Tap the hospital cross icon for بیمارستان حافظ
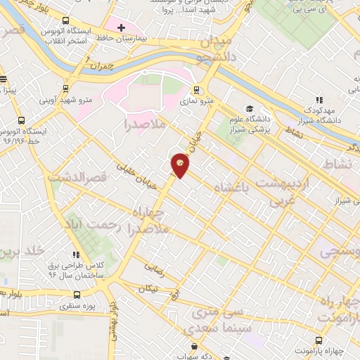[121, 27]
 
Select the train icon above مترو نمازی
[196, 89]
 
